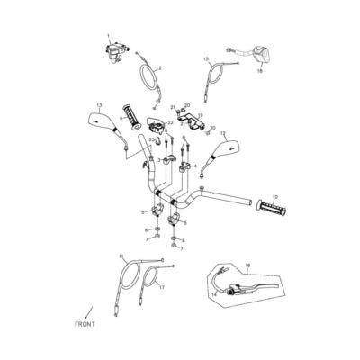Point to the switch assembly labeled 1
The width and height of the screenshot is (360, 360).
pyautogui.click(x=115, y=53)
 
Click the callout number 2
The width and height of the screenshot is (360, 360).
pyautogui.click(x=159, y=68)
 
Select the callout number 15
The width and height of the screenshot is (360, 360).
pyautogui.click(x=206, y=58)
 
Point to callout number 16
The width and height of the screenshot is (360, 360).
pyautogui.click(x=248, y=266)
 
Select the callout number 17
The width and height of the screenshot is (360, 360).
pyautogui.click(x=162, y=287)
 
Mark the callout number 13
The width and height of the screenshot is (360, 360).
pyautogui.click(x=98, y=105)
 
